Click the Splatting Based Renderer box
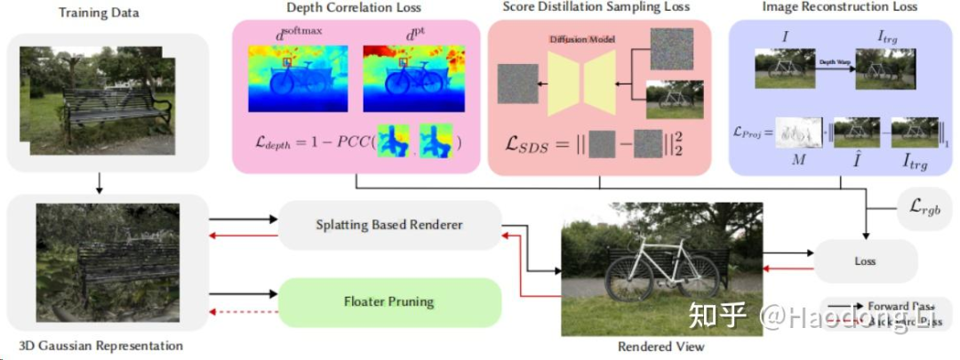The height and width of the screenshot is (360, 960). click(x=389, y=225)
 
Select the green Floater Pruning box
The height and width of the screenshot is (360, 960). click(x=389, y=301)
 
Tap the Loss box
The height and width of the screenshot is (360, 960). click(x=864, y=261)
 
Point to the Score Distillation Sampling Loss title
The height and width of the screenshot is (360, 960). click(x=596, y=8)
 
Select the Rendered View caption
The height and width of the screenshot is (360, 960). click(x=661, y=347)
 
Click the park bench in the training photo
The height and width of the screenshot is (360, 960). click(x=116, y=111)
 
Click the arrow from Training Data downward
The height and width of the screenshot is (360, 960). click(x=100, y=182)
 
